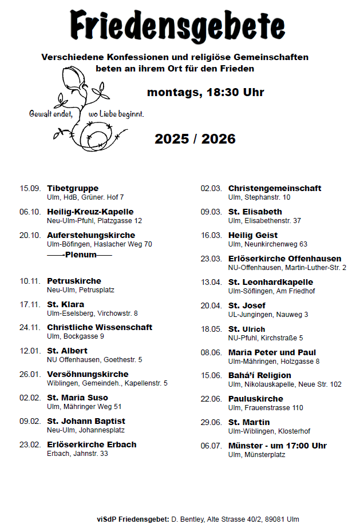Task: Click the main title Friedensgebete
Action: click(x=177, y=26)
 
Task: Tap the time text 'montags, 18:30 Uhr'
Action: click(x=205, y=92)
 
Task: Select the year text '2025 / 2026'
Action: click(x=195, y=139)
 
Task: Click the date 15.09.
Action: click(x=30, y=188)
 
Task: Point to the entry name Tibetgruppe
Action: click(x=73, y=188)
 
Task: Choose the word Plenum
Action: click(x=81, y=255)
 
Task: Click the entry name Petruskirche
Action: click(x=74, y=281)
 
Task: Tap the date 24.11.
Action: click(x=30, y=327)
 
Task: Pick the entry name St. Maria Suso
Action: click(x=77, y=398)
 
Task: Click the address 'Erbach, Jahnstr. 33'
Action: click(x=77, y=454)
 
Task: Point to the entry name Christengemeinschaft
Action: click(x=275, y=188)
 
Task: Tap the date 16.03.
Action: click(x=211, y=235)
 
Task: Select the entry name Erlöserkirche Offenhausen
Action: click(x=284, y=259)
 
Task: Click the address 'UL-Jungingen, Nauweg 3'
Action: click(x=268, y=314)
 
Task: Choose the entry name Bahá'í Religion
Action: click(x=259, y=375)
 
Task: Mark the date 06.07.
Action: click(x=211, y=446)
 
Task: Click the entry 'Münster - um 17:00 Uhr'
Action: click(x=278, y=446)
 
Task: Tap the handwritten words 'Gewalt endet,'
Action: click(x=51, y=114)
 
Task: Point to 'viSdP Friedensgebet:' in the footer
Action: click(x=133, y=519)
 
